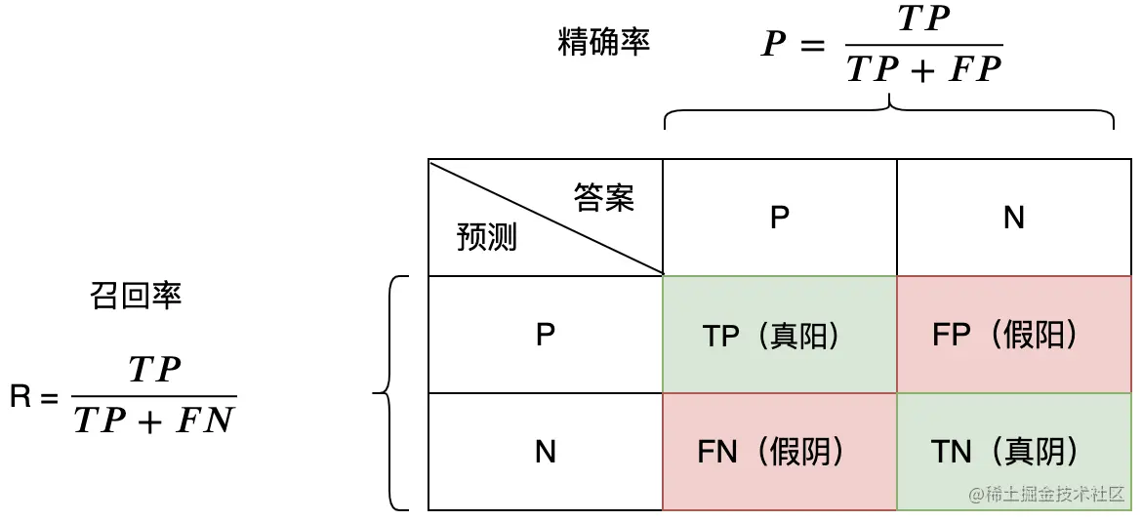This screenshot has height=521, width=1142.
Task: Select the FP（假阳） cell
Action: pyautogui.click(x=1004, y=336)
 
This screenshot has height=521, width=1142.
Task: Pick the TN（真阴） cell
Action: pyautogui.click(x=1004, y=452)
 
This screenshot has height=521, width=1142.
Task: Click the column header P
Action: pyautogui.click(x=779, y=218)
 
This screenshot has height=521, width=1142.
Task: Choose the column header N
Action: pyautogui.click(x=1014, y=218)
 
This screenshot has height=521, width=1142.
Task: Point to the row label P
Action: pyautogui.click(x=546, y=335)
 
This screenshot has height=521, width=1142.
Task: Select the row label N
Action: pyautogui.click(x=546, y=452)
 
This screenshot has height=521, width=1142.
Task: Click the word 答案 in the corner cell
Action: pyautogui.click(x=604, y=198)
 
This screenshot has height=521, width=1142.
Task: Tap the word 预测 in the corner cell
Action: pyautogui.click(x=486, y=237)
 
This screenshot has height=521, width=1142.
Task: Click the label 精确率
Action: pyautogui.click(x=604, y=43)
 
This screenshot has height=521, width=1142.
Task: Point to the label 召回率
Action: pyautogui.click(x=136, y=297)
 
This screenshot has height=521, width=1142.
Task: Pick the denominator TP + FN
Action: pyautogui.click(x=154, y=421)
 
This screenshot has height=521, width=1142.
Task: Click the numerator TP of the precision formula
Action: pyautogui.click(x=923, y=20)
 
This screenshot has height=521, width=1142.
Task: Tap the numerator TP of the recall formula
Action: pyautogui.click(x=154, y=370)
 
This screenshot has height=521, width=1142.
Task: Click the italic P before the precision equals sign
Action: pyautogui.click(x=774, y=45)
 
